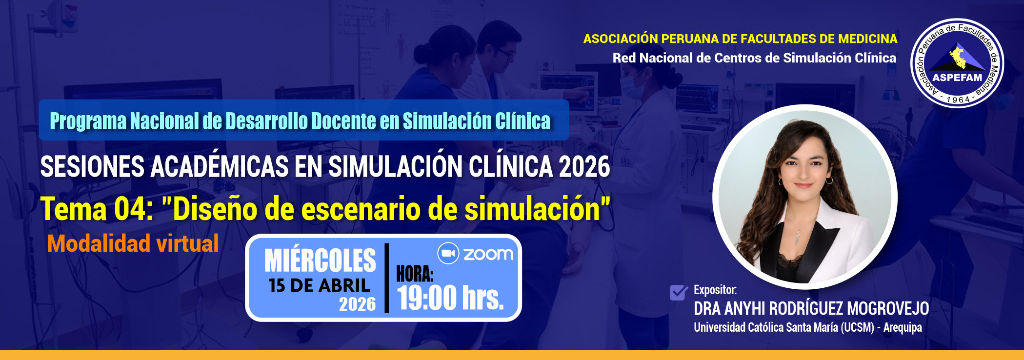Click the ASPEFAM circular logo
click(957, 63)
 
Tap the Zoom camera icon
click(448, 254)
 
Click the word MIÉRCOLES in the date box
click(320, 260)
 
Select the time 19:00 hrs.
click(450, 298)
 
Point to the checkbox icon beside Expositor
click(679, 292)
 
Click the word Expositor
click(715, 290)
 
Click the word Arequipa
click(903, 327)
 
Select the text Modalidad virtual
click(133, 243)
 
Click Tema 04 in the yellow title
click(97, 209)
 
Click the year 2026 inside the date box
click(358, 304)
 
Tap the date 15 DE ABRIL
click(320, 285)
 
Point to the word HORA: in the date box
click(415, 274)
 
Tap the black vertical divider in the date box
click(387, 278)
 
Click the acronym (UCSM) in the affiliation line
click(857, 327)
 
